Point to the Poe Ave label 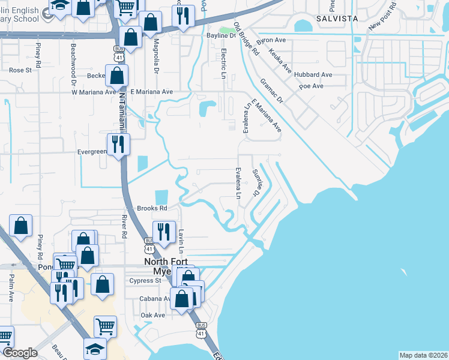311,86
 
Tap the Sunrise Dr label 256,182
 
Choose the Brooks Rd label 151,208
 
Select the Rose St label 20,70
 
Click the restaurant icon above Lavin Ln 163,232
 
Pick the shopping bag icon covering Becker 118,76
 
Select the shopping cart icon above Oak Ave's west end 105,326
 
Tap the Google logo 20,353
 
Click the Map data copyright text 423,355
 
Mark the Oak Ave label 152,315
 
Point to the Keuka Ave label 280,61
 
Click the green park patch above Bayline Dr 226,29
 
